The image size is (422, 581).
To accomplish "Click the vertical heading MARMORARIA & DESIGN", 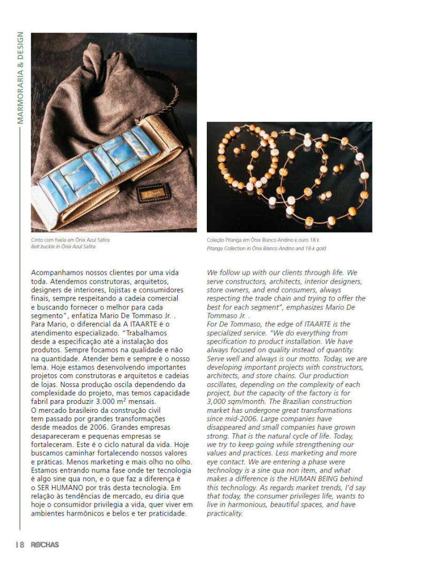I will (20, 78).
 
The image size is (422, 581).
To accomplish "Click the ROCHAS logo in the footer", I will (44, 545).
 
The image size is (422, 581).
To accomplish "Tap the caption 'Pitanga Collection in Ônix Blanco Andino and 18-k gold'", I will (266, 247).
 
